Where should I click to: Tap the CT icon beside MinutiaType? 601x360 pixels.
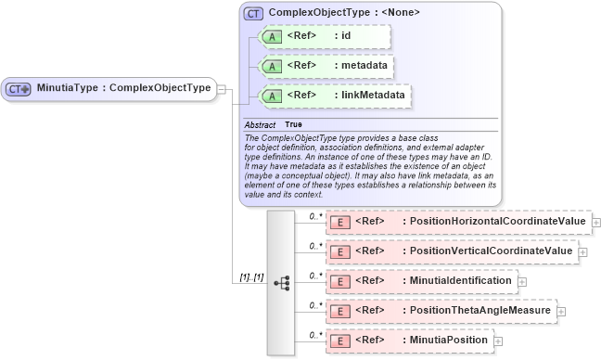[19, 89]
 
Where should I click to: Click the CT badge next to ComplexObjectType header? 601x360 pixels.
[252, 13]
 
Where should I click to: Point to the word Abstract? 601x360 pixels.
[261, 124]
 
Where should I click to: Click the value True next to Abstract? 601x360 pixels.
[293, 124]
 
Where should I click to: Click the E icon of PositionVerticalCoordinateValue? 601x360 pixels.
[339, 251]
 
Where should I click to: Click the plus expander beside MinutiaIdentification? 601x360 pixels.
[523, 281]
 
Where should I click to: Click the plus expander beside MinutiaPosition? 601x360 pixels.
[499, 341]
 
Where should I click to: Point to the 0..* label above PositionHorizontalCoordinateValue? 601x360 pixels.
[315, 216]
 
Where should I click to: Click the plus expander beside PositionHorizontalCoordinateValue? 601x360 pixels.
[596, 223]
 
